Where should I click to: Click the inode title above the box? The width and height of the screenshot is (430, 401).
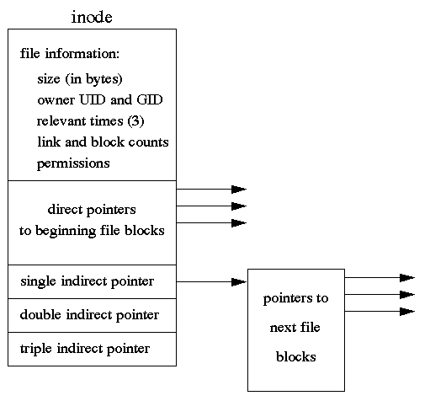click(92, 18)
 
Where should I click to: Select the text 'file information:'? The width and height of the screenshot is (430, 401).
click(70, 53)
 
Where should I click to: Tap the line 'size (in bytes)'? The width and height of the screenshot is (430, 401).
click(80, 79)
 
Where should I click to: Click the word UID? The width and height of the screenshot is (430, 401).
click(93, 99)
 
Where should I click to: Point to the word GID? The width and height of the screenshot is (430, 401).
click(150, 99)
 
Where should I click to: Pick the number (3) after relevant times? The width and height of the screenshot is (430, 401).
click(135, 121)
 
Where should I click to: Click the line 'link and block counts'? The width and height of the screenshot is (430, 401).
click(103, 142)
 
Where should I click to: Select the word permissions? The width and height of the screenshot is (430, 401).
click(73, 163)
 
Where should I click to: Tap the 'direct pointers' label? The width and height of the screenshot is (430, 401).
click(92, 210)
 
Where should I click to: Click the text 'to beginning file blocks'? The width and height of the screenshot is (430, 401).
click(92, 231)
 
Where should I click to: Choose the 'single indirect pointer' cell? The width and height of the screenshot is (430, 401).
click(92, 281)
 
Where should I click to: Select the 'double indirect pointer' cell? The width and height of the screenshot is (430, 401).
click(92, 315)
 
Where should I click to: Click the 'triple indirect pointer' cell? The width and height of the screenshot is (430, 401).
click(92, 349)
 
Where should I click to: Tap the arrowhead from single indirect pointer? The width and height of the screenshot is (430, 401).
click(239, 282)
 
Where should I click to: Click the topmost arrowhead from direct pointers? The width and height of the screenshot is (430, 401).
click(239, 190)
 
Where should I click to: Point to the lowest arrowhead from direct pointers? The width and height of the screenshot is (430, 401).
click(239, 223)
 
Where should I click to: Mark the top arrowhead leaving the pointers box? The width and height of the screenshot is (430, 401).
click(407, 278)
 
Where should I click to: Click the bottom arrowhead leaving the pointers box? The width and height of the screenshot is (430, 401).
click(407, 312)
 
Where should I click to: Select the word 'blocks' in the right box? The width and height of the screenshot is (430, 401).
click(296, 356)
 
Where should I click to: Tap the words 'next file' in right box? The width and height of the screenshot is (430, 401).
click(295, 328)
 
